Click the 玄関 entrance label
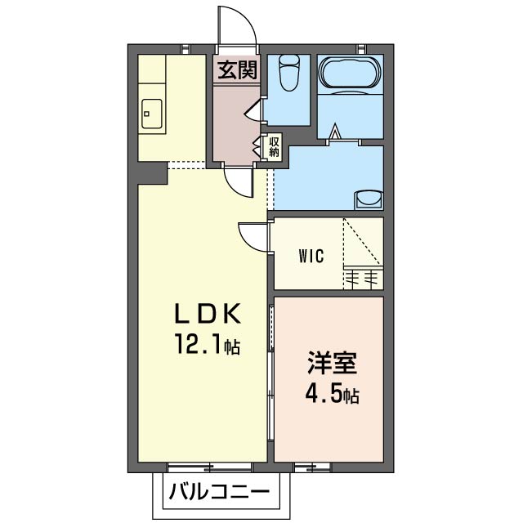(x=237, y=70)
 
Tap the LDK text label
(x=206, y=315)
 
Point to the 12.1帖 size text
(x=205, y=345)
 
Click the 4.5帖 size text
(x=329, y=395)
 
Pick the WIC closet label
(x=310, y=256)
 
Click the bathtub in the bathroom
(x=347, y=76)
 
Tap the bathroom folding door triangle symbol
(x=336, y=129)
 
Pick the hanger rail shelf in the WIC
(x=362, y=277)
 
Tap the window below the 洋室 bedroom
(x=308, y=467)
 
